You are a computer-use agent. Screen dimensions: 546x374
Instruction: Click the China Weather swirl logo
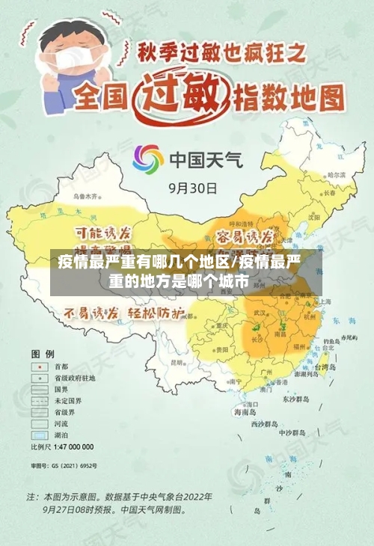(x=148, y=159)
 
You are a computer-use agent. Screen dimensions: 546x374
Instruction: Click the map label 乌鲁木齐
(x=86, y=196)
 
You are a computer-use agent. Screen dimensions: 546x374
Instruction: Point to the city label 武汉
(x=260, y=313)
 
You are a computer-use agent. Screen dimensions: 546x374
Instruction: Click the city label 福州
(x=302, y=346)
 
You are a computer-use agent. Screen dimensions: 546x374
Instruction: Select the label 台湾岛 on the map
(x=326, y=367)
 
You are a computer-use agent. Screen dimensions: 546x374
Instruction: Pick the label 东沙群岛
(x=298, y=399)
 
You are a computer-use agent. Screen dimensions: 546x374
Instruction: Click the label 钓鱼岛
(x=346, y=338)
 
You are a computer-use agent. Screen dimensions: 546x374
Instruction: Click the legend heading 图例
(x=43, y=352)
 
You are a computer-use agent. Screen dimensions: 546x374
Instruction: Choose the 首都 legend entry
(x=60, y=366)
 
